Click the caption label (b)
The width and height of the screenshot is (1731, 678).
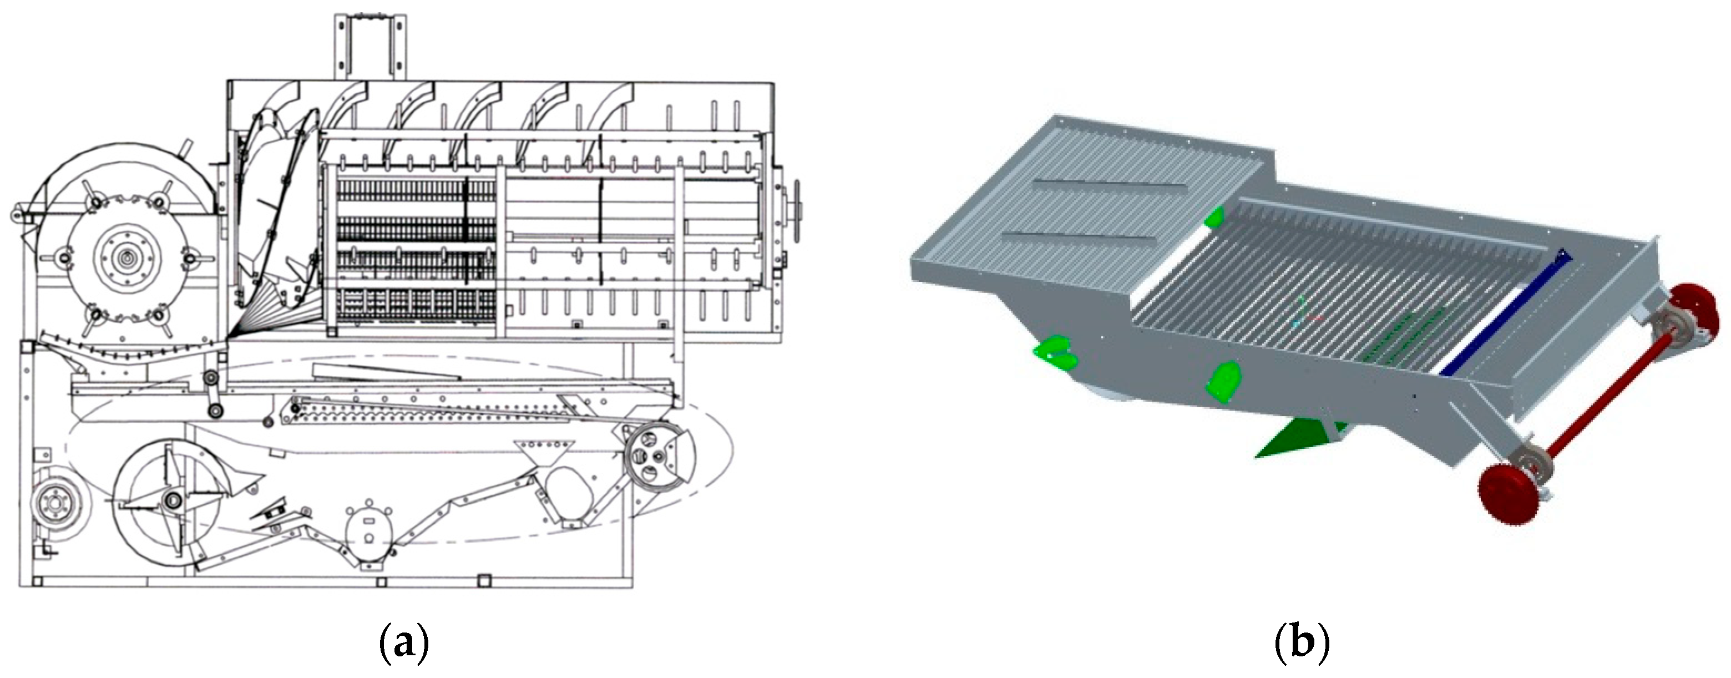click(1302, 645)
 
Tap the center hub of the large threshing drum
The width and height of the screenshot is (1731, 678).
click(125, 256)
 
